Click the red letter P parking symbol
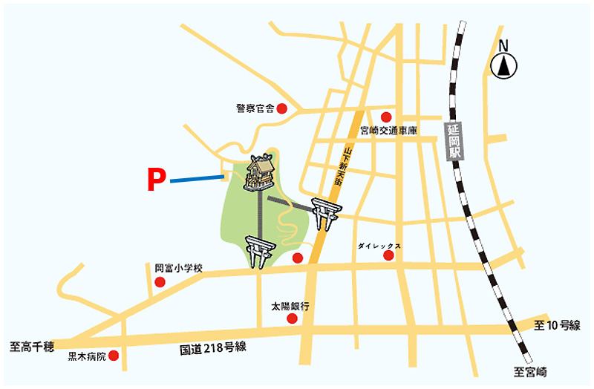pyautogui.click(x=154, y=180)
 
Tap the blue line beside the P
pyautogui.click(x=197, y=179)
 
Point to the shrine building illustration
pyautogui.click(x=259, y=173)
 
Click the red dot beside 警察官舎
pyautogui.click(x=281, y=108)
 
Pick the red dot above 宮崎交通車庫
pyautogui.click(x=385, y=117)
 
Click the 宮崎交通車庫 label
pyautogui.click(x=388, y=131)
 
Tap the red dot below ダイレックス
pyautogui.click(x=388, y=256)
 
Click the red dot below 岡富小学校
pyautogui.click(x=160, y=282)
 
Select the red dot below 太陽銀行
pyautogui.click(x=291, y=318)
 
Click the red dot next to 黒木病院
pyautogui.click(x=114, y=356)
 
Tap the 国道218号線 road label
pyautogui.click(x=212, y=348)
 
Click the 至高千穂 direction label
pyautogui.click(x=32, y=346)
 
